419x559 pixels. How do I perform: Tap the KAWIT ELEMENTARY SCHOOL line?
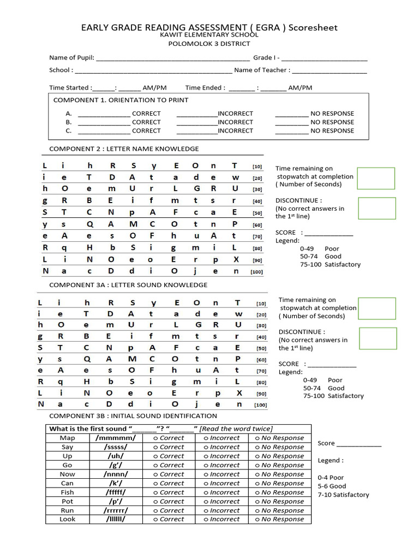(x=209, y=35)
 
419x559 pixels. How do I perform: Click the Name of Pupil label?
(x=71, y=58)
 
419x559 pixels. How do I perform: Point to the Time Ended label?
(x=204, y=87)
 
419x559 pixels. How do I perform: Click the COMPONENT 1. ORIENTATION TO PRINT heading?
(x=121, y=100)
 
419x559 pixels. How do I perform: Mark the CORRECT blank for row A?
(x=104, y=114)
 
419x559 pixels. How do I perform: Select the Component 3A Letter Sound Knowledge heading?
(x=128, y=284)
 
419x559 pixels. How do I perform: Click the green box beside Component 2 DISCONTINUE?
(x=376, y=208)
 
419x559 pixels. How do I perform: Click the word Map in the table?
(x=68, y=438)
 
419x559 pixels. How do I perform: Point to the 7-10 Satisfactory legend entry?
(x=343, y=495)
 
